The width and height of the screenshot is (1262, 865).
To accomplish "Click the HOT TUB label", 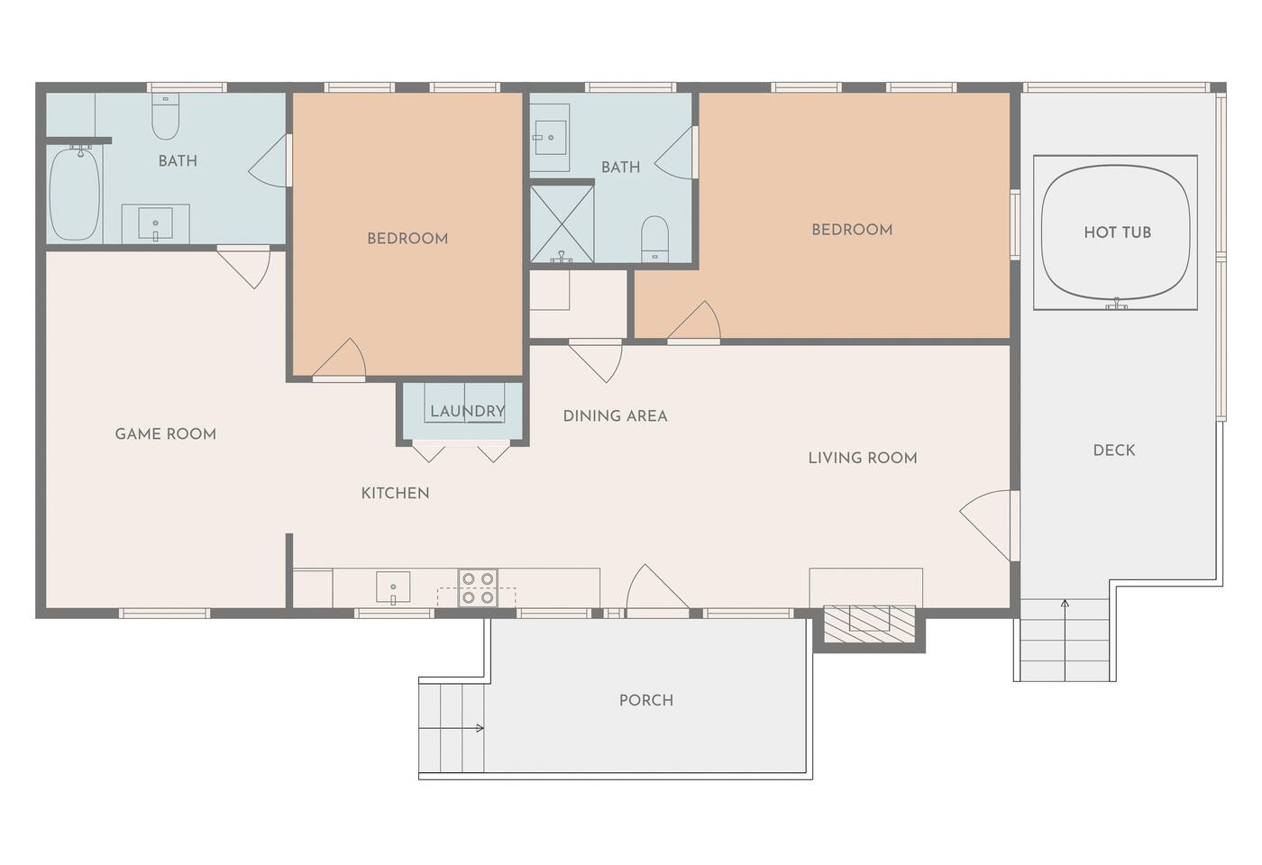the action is tap(1117, 232).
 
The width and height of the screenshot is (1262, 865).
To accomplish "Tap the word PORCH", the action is tap(646, 700).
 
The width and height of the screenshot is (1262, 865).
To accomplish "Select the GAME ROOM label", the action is tap(166, 433).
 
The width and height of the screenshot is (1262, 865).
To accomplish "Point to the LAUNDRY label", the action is tap(468, 411).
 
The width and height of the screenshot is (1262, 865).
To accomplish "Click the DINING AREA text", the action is tap(615, 415).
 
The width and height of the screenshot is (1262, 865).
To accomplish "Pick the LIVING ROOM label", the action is tap(863, 458).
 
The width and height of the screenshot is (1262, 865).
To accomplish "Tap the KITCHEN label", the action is tap(395, 494).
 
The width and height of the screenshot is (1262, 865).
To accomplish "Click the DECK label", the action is tap(1114, 450).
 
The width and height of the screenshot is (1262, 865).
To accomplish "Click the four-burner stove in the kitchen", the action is tap(478, 587).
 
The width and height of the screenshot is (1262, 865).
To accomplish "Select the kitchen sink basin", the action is tap(393, 587).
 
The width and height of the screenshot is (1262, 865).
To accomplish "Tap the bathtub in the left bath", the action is tap(75, 195).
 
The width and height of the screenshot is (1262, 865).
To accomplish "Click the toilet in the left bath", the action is tap(166, 116).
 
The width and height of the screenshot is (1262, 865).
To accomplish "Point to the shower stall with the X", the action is tap(562, 224).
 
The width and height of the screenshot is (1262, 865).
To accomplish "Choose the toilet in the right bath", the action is tap(654, 240).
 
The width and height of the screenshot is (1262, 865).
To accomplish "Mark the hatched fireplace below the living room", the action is tap(869, 624).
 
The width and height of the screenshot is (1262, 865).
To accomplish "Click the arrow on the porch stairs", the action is tap(452, 728).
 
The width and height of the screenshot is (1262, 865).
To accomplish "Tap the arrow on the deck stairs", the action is tap(1065, 641).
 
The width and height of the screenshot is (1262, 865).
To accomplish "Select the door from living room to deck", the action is tap(990, 525).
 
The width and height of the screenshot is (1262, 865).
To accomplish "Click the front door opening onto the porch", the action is tap(657, 589).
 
